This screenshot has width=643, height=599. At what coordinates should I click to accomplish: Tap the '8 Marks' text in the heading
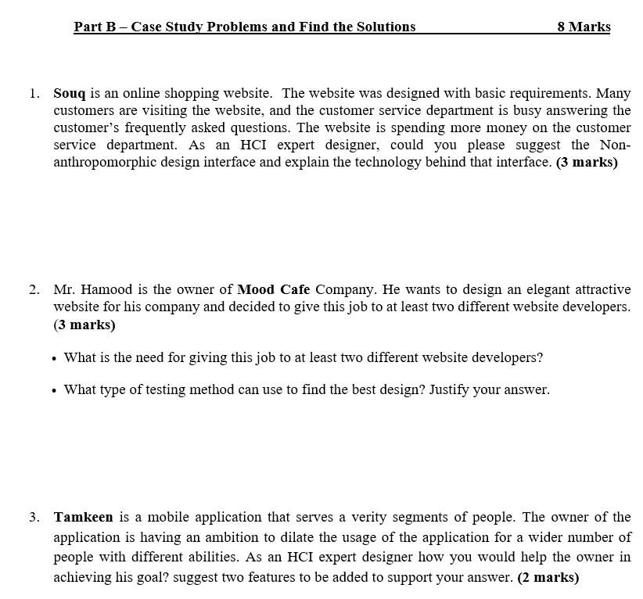click(584, 27)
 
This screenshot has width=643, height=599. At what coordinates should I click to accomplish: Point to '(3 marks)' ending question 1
click(586, 163)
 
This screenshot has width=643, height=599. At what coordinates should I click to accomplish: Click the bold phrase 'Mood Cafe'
click(274, 289)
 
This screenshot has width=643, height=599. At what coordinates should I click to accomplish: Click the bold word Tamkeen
click(83, 517)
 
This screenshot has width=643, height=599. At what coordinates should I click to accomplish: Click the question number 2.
click(34, 289)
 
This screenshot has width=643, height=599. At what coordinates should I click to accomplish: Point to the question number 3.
click(34, 517)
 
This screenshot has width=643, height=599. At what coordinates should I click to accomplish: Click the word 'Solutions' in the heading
click(385, 27)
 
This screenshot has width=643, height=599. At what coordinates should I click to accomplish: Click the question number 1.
click(34, 92)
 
